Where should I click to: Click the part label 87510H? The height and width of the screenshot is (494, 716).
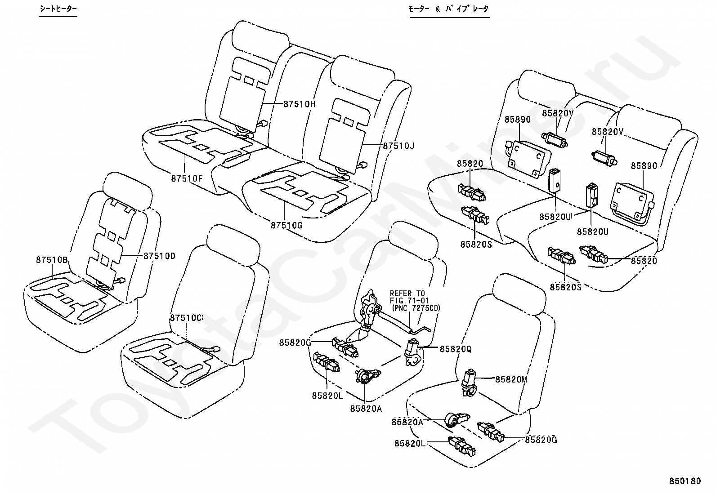pos(300,104)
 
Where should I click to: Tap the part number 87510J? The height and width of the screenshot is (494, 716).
pos(398,146)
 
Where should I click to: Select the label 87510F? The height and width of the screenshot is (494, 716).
pos(187,178)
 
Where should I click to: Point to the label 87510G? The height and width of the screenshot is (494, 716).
pos(286,225)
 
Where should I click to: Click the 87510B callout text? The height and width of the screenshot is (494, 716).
pos(52,260)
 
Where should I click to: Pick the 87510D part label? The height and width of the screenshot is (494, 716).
pos(160,256)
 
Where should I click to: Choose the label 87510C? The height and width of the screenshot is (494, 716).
pos(186,317)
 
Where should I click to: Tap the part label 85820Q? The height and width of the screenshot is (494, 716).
pos(455,349)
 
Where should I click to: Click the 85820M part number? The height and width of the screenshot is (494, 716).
pos(511,379)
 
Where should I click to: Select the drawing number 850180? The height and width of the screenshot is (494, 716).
pos(684,481)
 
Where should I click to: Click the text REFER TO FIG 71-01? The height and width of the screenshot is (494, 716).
pos(409,297)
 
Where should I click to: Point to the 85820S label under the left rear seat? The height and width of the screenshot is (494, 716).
pos(476,244)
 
